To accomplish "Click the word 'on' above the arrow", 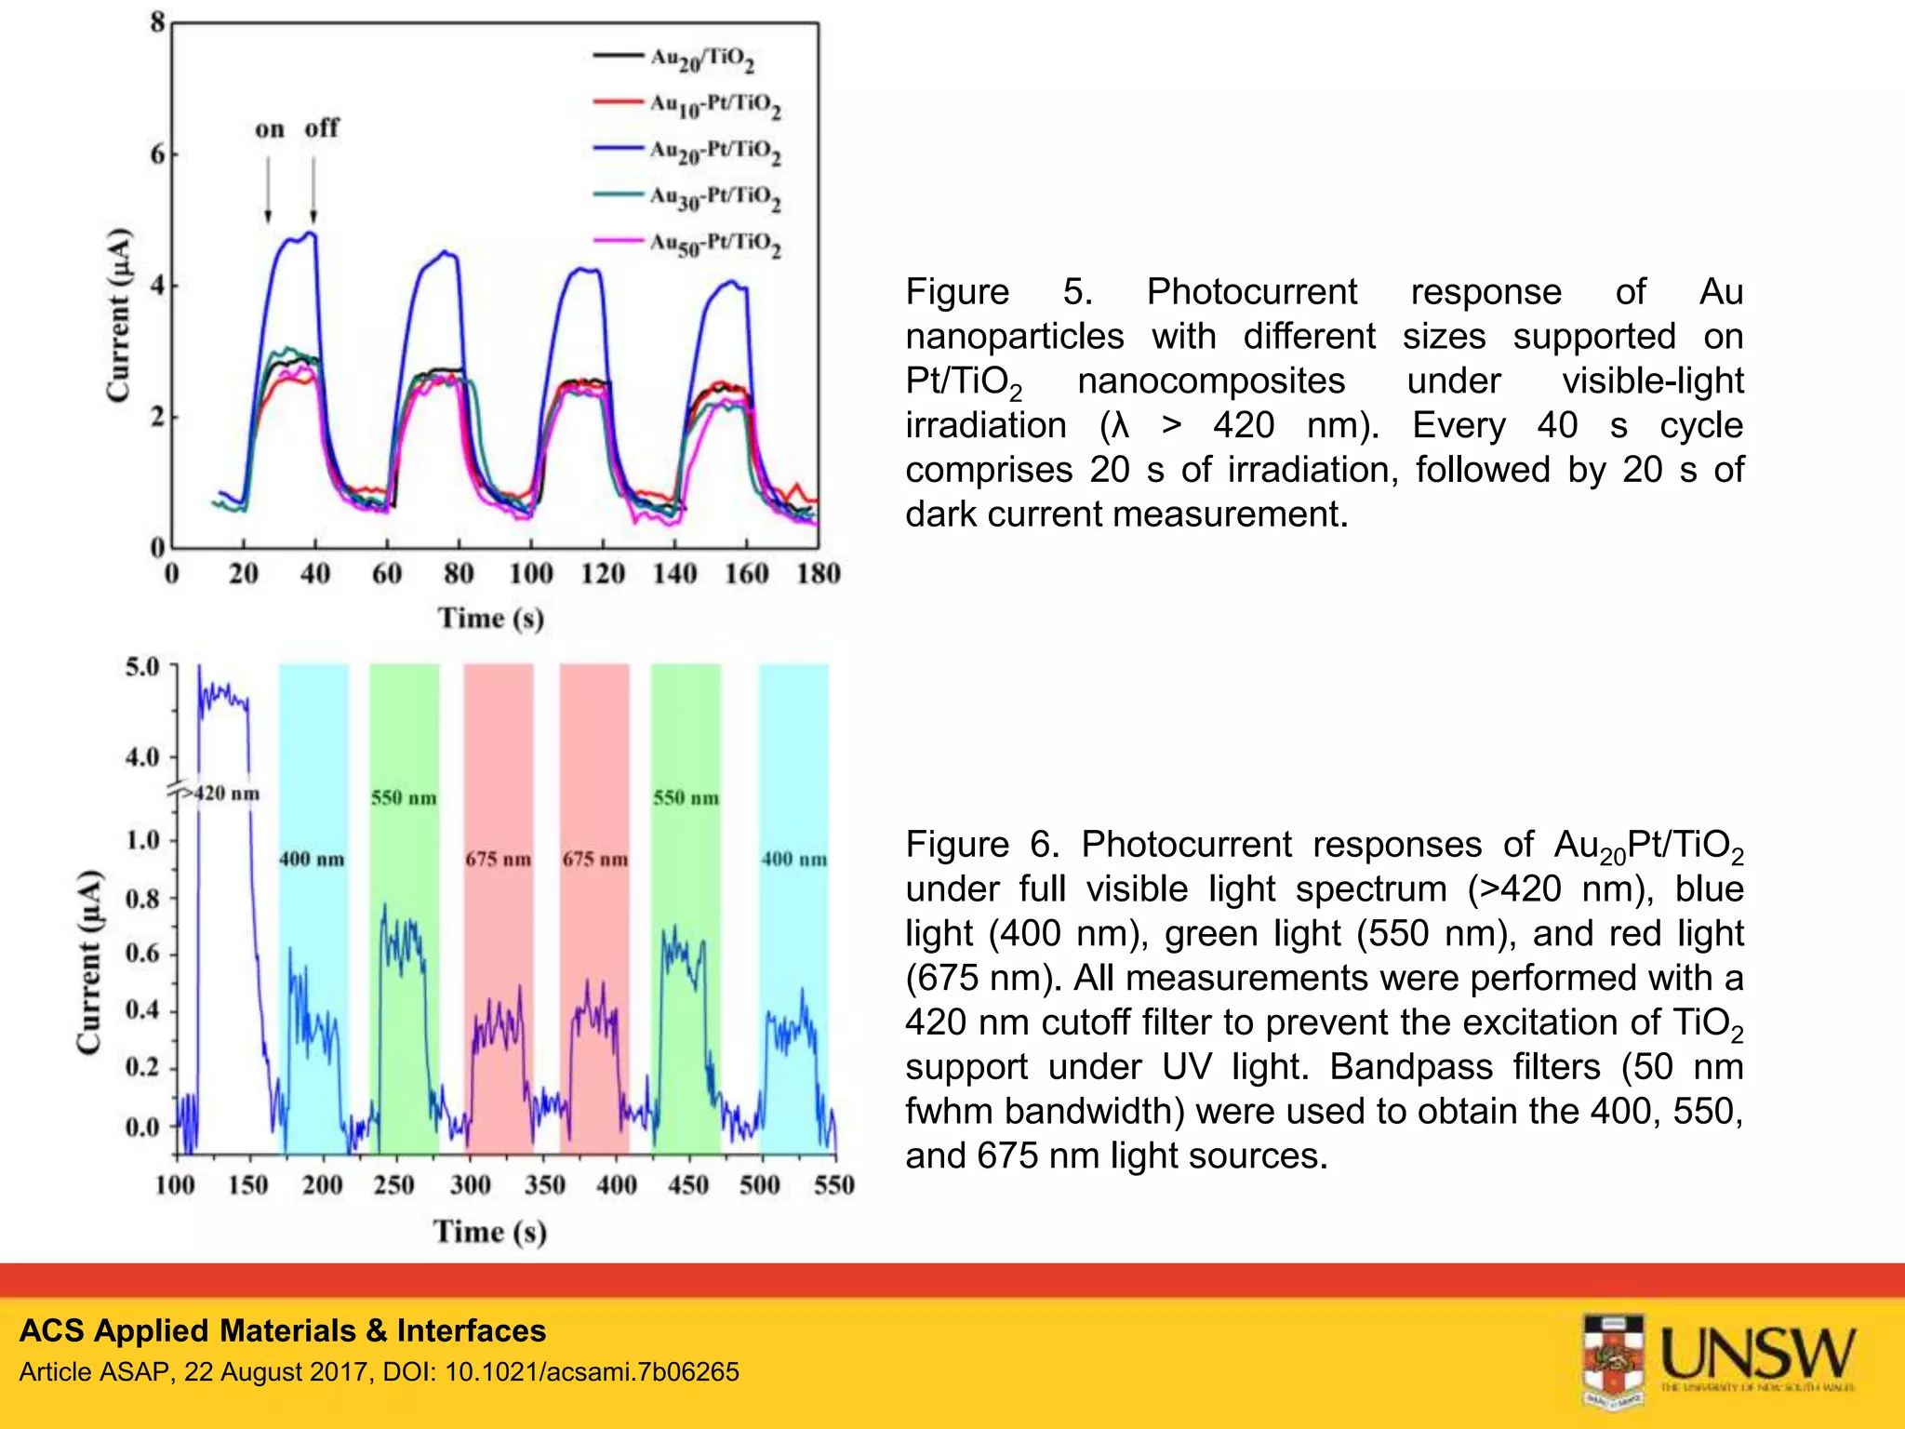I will pos(270,129).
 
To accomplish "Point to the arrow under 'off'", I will pos(313,191).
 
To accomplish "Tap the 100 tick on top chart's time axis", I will pos(530,573).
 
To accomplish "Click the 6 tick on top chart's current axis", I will pos(158,154).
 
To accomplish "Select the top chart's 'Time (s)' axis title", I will pos(491,619).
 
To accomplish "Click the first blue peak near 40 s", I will pos(312,234).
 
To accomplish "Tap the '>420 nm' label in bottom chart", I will pos(220,794).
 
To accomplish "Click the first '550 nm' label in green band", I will pos(404,798).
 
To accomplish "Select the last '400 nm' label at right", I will pos(793,860).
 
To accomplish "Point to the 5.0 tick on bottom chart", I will pos(142,667).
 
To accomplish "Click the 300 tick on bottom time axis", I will pos(470,1185).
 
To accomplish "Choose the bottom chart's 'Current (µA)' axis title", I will pos(89,962).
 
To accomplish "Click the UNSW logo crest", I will pos(1614,1358).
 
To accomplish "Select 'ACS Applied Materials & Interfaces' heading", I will pos(283,1331).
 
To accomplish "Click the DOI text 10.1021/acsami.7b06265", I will pos(592,1372).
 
